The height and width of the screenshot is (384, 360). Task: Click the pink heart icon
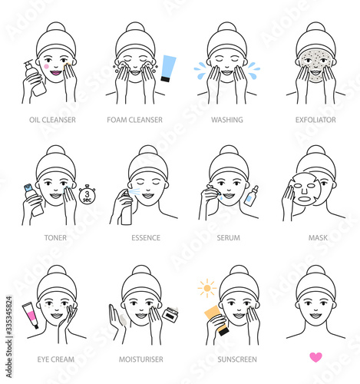pyautogui.click(x=315, y=357)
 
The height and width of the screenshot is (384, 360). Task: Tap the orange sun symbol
pyautogui.click(x=207, y=288)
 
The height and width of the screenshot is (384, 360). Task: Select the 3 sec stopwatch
pyautogui.click(x=87, y=195)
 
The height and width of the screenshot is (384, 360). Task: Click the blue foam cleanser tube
pyautogui.click(x=168, y=68)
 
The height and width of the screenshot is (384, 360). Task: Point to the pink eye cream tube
pyautogui.click(x=30, y=315)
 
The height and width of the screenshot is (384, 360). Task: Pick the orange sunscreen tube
pyautogui.click(x=217, y=320)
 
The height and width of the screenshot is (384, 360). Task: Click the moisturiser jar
pyautogui.click(x=170, y=314)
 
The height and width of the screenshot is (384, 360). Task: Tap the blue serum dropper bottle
pyautogui.click(x=251, y=196)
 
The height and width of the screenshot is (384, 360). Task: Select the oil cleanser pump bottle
pyautogui.click(x=35, y=78)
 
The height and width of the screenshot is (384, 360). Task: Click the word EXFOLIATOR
pyautogui.click(x=315, y=120)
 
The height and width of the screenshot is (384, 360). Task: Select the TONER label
pyautogui.click(x=55, y=238)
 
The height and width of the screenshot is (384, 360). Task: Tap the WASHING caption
pyautogui.click(x=227, y=120)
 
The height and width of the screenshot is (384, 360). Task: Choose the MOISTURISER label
pyautogui.click(x=141, y=359)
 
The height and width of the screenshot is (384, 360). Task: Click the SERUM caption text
pyautogui.click(x=229, y=238)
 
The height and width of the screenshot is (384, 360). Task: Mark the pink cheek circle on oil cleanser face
pyautogui.click(x=46, y=66)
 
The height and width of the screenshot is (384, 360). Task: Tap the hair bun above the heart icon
pyautogui.click(x=315, y=271)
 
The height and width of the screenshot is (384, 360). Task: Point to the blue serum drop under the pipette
pyautogui.click(x=220, y=197)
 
